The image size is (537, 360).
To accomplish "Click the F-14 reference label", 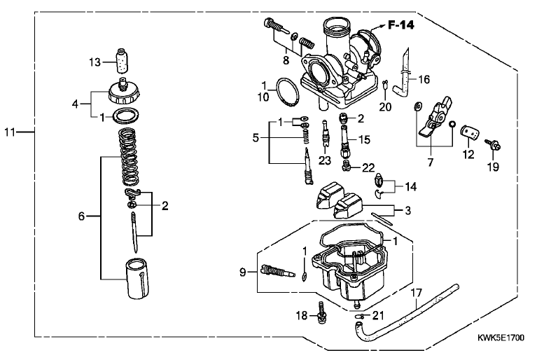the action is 400,25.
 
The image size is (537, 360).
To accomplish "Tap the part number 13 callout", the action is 95,62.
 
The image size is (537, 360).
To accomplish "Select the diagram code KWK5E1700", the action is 501,338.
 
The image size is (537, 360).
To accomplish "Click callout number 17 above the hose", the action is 416,293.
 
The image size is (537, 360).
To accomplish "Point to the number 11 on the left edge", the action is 10,132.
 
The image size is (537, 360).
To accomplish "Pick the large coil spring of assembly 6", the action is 128,156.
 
